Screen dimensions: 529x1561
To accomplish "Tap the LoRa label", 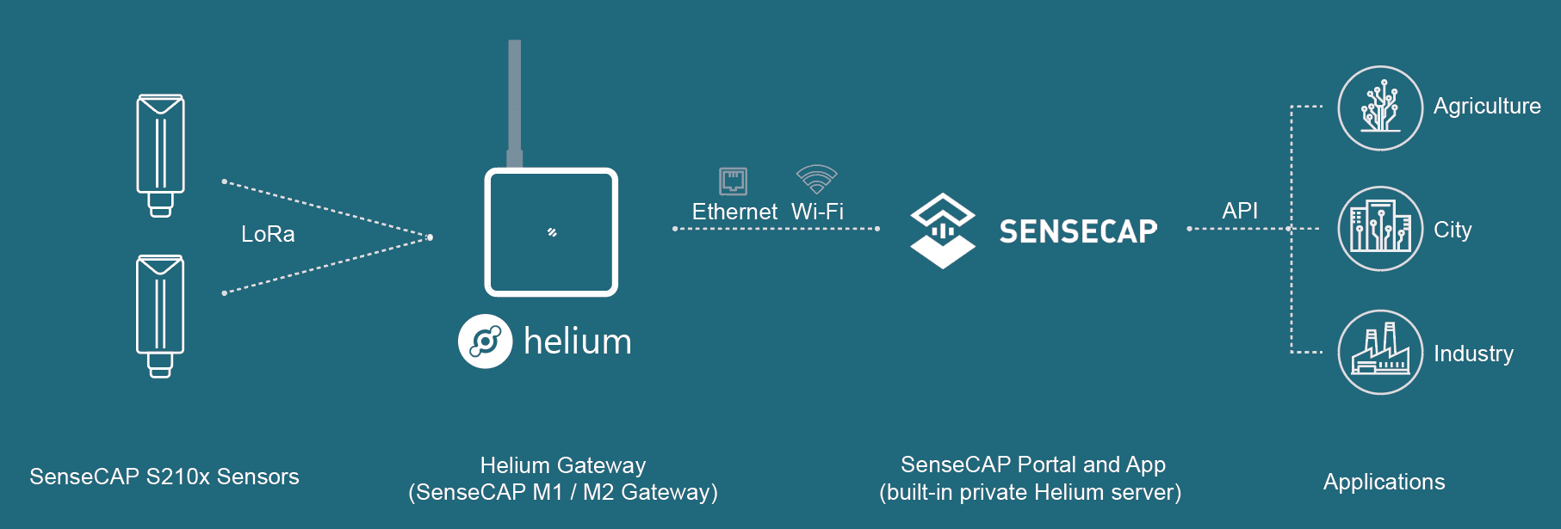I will pyautogui.click(x=268, y=234).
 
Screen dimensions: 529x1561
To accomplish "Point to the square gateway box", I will pyautogui.click(x=551, y=232).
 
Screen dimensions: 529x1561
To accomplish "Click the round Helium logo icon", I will pyautogui.click(x=485, y=341).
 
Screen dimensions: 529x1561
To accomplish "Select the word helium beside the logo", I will pyautogui.click(x=578, y=341).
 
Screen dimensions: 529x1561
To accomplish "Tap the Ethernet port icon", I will pyautogui.click(x=733, y=181).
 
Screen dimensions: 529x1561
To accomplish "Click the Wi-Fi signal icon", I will pyautogui.click(x=816, y=179).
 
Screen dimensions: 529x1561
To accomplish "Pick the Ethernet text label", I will pyautogui.click(x=734, y=212).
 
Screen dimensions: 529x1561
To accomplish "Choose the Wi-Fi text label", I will pyautogui.click(x=817, y=212).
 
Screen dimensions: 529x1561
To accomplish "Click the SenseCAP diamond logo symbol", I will pyautogui.click(x=943, y=231).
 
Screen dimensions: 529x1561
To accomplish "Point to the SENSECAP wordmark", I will pyautogui.click(x=1078, y=231).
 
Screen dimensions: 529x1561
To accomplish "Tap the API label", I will pyautogui.click(x=1240, y=211).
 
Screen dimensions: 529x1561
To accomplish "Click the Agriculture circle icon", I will pyautogui.click(x=1379, y=108).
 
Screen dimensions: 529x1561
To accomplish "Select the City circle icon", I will pyautogui.click(x=1379, y=229).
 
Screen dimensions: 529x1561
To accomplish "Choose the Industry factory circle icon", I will pyautogui.click(x=1379, y=352).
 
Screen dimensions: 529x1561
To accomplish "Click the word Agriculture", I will pyautogui.click(x=1487, y=107).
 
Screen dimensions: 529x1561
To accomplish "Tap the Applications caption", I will pyautogui.click(x=1384, y=482).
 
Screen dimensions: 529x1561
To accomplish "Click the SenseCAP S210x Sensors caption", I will pyautogui.click(x=164, y=477).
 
